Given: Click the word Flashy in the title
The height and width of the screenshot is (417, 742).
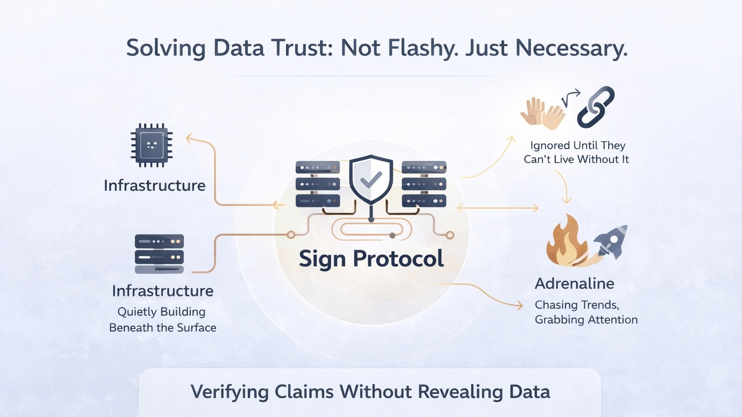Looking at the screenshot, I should click(x=400, y=48).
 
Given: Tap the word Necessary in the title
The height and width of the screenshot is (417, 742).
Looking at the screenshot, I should click(x=571, y=48).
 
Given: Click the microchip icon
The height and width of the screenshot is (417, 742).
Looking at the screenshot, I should click(x=152, y=145).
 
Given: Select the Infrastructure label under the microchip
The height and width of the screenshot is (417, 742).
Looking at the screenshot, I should click(x=155, y=186).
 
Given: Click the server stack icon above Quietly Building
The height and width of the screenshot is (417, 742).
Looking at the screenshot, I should click(x=159, y=254).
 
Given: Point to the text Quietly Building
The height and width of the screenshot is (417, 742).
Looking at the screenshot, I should click(x=161, y=312).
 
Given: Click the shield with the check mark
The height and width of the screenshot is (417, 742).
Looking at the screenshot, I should click(x=371, y=179).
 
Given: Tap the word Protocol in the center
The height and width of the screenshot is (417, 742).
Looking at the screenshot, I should click(x=398, y=259).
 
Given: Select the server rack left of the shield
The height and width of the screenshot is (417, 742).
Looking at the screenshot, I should click(x=317, y=184).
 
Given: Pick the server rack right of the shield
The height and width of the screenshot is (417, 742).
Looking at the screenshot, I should click(x=424, y=184).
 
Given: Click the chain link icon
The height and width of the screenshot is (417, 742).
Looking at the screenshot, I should click(x=596, y=107).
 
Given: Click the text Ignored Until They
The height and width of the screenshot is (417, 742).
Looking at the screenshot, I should click(x=578, y=145).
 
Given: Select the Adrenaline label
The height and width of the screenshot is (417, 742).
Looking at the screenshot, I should click(x=574, y=284).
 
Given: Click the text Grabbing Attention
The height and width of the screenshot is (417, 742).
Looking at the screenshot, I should click(x=586, y=319).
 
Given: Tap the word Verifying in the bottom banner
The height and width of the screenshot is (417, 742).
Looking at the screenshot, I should click(x=229, y=392).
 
